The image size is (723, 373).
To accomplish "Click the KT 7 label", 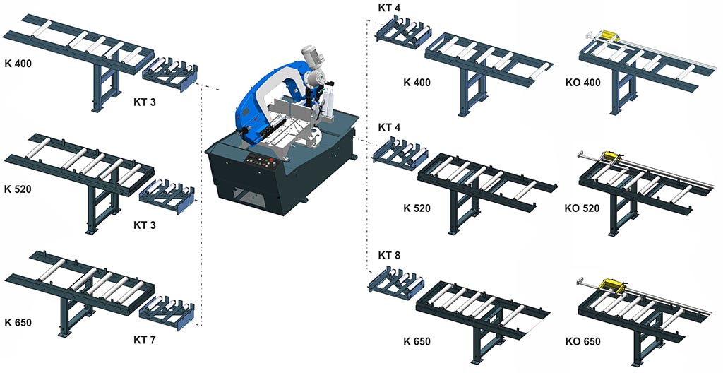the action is (x=144, y=341).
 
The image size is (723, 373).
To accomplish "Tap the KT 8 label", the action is (x=389, y=255).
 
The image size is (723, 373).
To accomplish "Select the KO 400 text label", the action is (x=582, y=83).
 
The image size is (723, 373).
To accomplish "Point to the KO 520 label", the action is (x=582, y=208).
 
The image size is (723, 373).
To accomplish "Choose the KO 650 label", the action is (x=582, y=342).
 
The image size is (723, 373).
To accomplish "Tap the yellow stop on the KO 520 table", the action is (x=612, y=158).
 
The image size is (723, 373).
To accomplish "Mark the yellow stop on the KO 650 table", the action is (x=609, y=286).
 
